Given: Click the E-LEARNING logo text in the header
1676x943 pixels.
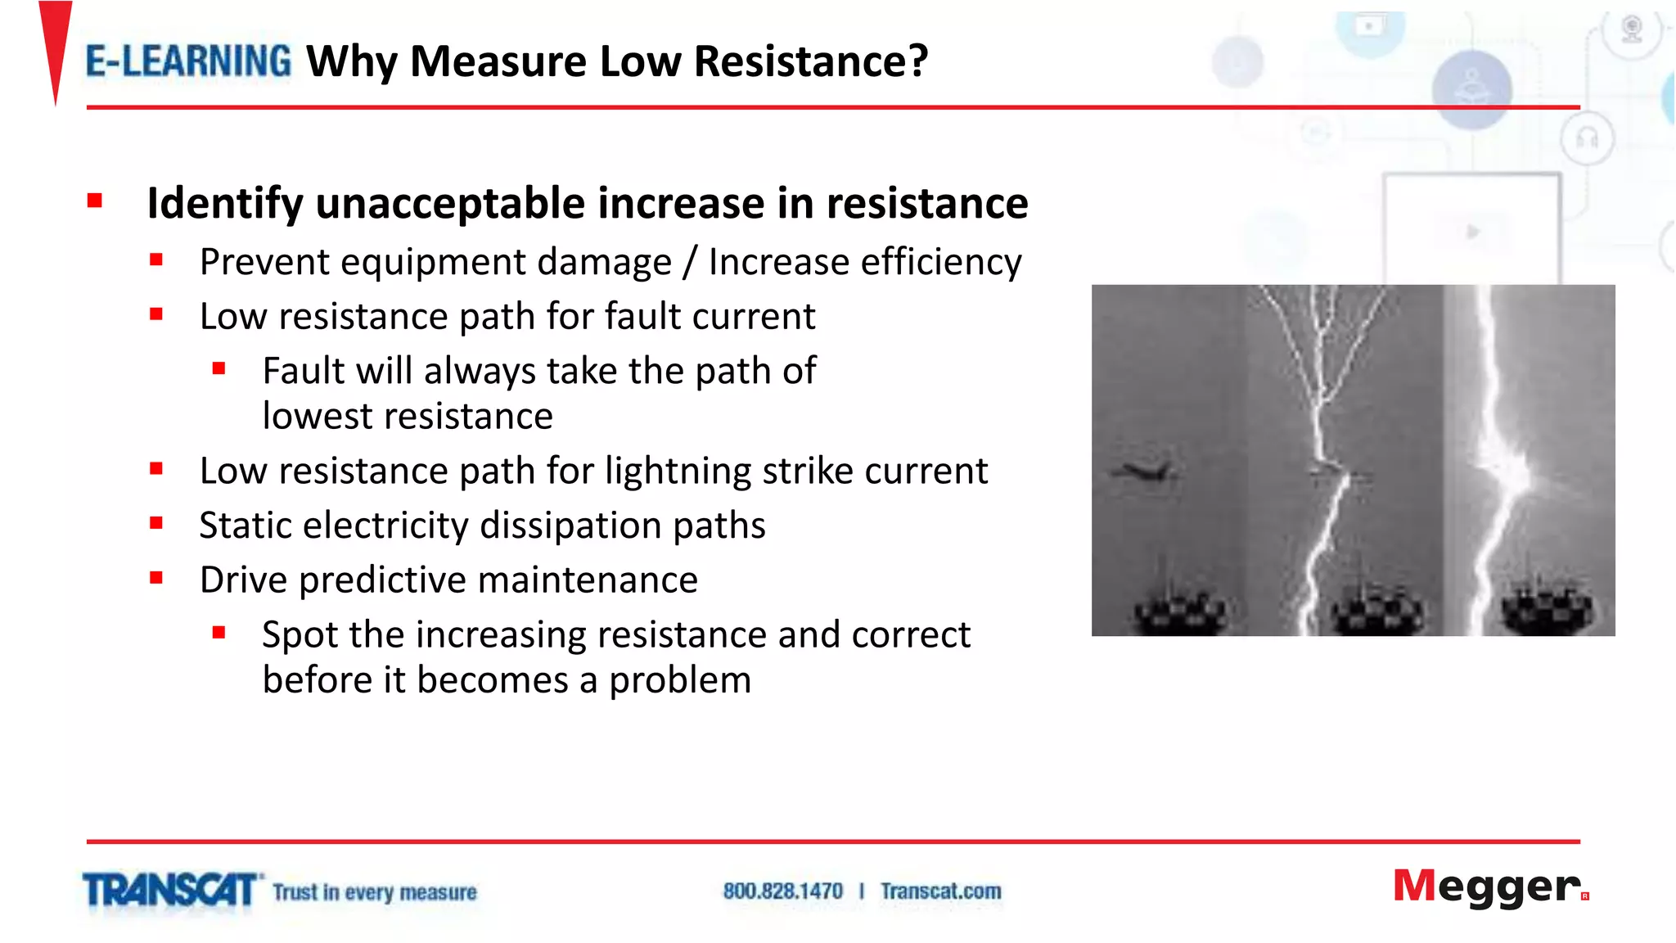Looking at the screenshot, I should (188, 61).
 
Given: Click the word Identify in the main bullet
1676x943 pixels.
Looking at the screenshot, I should (225, 203).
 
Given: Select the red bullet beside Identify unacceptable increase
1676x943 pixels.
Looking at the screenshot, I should (95, 201).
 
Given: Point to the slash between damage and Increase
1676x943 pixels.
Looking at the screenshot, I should (690, 262).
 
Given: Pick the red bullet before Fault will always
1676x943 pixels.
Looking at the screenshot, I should (219, 369).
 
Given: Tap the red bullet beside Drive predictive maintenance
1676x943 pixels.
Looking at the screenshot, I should (156, 578).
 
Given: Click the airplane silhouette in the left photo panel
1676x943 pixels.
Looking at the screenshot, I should (1143, 470).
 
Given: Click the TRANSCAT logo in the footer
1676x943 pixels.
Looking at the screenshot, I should (170, 890).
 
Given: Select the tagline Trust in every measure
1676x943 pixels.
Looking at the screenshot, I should (374, 891).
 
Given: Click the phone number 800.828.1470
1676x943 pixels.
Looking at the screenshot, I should (782, 891).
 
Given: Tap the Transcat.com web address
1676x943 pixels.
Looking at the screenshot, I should (940, 891).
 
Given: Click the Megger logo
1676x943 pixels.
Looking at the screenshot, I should (1489, 887).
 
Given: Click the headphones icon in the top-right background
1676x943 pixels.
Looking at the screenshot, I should (1587, 138).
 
